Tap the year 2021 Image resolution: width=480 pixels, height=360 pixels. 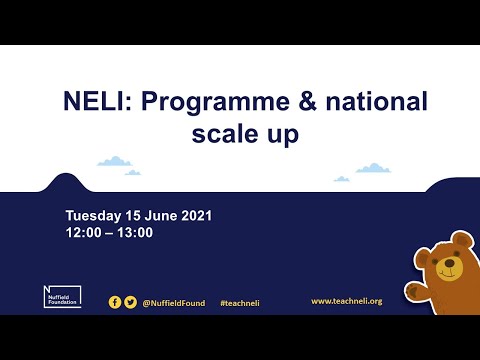tap(197, 216)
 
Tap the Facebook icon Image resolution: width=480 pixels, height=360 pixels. tap(115, 301)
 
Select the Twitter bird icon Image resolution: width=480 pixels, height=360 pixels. tap(130, 301)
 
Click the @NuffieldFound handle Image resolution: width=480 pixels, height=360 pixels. tap(175, 302)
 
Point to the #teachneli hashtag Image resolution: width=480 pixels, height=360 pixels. tap(240, 302)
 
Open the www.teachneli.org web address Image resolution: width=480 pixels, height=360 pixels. tap(346, 301)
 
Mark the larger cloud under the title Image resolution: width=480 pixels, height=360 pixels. tap(115, 160)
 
